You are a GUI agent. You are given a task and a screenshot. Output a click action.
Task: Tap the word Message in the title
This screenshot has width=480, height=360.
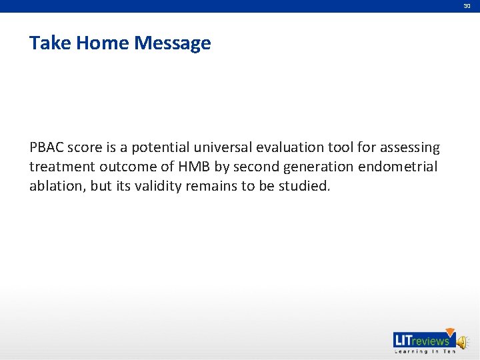click(173, 44)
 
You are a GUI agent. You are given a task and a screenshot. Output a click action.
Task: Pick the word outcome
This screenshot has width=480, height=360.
click(129, 167)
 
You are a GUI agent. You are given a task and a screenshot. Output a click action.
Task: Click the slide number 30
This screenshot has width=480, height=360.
click(467, 5)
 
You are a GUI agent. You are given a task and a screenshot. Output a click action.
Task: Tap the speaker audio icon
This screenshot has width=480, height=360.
click(462, 341)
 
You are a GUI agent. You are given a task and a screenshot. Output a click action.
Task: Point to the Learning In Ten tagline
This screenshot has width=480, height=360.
click(425, 351)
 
